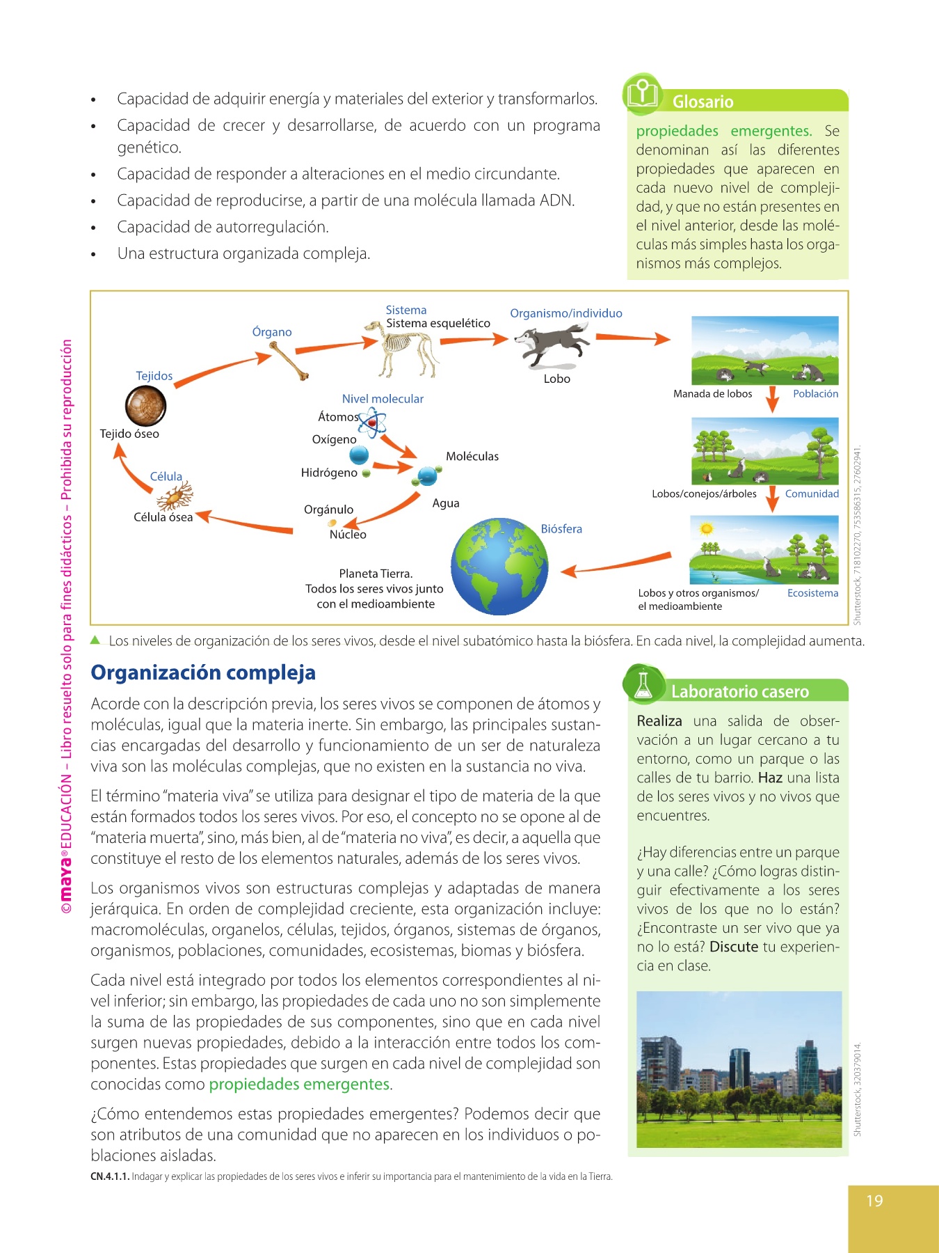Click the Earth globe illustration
click(499, 566)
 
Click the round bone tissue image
click(146, 405)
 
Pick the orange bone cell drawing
click(174, 496)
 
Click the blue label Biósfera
click(561, 529)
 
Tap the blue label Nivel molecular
click(383, 399)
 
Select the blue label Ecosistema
click(812, 593)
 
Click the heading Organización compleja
click(203, 672)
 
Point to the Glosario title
click(703, 102)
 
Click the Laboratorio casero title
click(740, 691)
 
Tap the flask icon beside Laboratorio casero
click(642, 683)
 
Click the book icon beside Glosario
click(643, 93)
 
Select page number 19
click(874, 1201)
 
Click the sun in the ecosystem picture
click(707, 529)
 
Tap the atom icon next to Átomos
click(373, 423)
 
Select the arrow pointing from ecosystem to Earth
click(616, 565)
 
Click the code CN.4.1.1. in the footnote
click(110, 1176)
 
